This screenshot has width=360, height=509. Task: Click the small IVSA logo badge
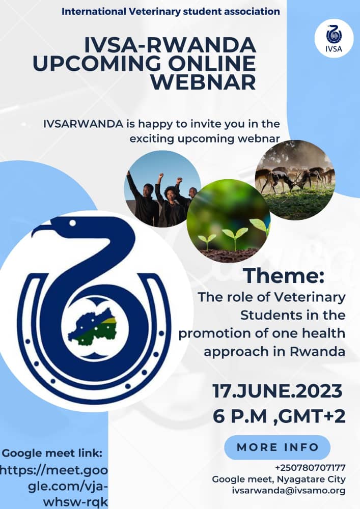tap(334, 39)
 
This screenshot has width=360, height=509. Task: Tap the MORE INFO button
tap(277, 447)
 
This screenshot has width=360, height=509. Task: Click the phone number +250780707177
tap(310, 468)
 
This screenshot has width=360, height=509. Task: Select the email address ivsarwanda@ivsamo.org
tap(289, 491)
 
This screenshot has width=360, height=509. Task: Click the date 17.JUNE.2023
tap(278, 391)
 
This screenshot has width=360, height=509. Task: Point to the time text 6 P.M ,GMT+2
tap(279, 416)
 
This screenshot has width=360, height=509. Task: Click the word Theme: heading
tap(284, 275)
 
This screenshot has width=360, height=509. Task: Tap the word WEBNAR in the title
tap(203, 82)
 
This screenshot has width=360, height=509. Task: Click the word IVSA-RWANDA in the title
tap(170, 45)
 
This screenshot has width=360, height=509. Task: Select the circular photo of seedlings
tap(229, 221)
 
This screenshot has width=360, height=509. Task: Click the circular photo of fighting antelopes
tap(295, 180)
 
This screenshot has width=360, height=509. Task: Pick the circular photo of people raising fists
tap(162, 189)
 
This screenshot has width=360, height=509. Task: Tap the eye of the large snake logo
tap(73, 223)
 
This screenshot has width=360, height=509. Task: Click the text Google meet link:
tap(52, 453)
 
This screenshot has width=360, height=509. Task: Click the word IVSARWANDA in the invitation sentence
tap(83, 124)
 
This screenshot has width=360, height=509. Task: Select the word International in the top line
tap(94, 11)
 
